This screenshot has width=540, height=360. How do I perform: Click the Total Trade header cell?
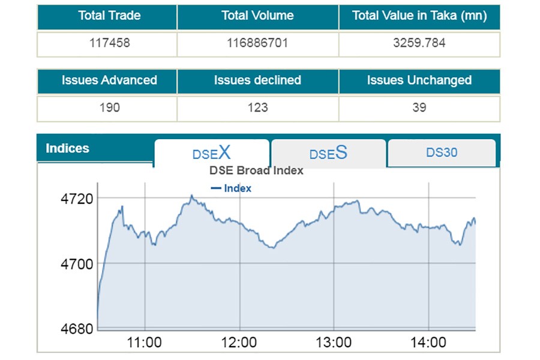point(109,16)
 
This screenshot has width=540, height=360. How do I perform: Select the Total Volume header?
point(257,16)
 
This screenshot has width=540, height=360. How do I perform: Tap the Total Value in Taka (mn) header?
point(419,16)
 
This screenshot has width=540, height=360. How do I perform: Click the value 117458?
point(109,44)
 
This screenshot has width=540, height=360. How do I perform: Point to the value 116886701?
point(257,44)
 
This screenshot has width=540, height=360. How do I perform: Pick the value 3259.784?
point(419,44)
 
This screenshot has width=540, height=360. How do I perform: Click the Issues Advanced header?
point(109,80)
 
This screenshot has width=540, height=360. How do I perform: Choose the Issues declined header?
point(257,80)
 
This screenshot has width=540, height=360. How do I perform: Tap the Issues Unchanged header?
point(419,80)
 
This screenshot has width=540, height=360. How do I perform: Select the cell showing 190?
point(109,108)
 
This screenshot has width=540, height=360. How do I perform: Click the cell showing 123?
point(257,108)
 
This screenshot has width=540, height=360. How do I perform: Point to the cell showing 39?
point(419,108)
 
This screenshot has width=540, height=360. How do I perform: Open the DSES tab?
point(328,153)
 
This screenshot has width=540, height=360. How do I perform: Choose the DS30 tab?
point(442,152)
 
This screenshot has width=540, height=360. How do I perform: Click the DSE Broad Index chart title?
point(256,170)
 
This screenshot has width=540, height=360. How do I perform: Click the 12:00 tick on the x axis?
point(239,343)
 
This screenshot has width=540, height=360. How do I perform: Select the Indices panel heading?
point(67,148)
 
